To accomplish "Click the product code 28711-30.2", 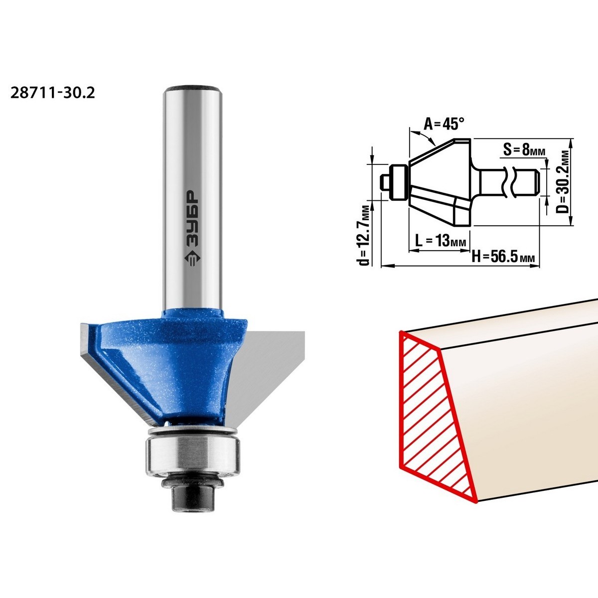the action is (x=53, y=93).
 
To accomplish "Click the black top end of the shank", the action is (x=192, y=87).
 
